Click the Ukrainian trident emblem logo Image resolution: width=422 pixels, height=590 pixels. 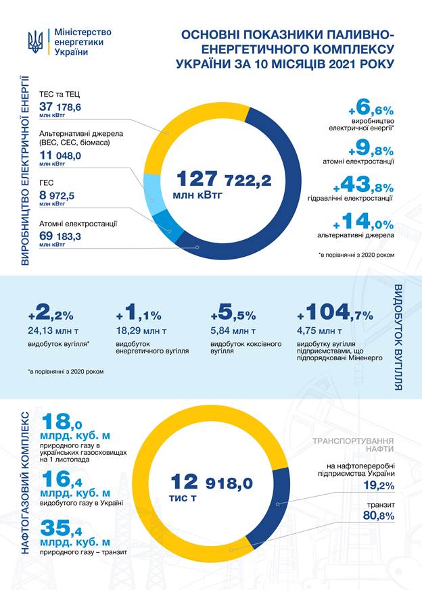coord(35,42)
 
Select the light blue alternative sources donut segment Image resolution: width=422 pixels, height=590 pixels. coord(153,195)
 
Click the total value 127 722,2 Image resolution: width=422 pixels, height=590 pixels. coord(224,178)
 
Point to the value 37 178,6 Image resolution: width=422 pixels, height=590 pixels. coord(60,107)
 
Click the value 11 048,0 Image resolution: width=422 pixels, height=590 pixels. coord(60,155)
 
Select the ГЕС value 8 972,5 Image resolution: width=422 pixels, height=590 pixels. coord(57,196)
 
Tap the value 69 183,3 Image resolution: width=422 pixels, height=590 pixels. coord(60,237)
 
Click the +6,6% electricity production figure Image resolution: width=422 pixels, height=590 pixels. coord(371,107)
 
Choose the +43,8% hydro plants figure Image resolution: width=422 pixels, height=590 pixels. coord(363,185)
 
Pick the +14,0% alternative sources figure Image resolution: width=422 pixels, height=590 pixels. coord(363,222)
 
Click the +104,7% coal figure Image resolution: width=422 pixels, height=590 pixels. coord(335,313)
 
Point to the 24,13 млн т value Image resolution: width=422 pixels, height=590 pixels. coord(53,330)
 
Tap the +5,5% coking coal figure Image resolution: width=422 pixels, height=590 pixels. coord(233,313)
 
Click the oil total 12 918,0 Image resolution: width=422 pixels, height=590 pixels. coord(212,482)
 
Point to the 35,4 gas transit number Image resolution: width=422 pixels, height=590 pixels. coord(62,528)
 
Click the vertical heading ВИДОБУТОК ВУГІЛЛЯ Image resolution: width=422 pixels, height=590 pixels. coord(398,337)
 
